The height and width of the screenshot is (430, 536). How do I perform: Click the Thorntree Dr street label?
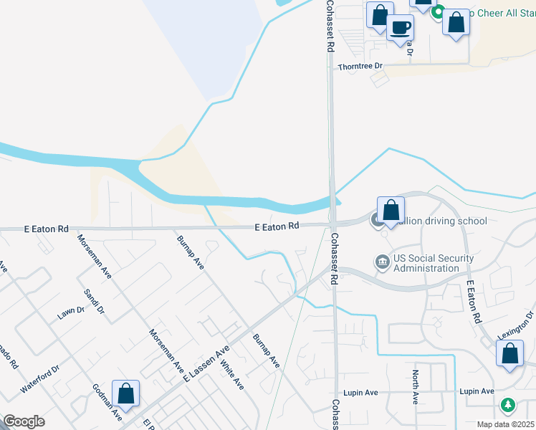tap(360, 66)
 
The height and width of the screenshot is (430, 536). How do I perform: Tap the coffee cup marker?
tap(400, 29)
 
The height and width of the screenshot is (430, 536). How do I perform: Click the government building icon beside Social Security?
tap(382, 263)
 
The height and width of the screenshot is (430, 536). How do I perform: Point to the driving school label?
tap(444, 221)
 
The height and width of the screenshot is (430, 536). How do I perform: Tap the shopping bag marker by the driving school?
tap(391, 211)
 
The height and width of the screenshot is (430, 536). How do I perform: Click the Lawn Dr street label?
tap(72, 312)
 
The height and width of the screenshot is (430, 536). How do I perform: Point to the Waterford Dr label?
tap(39, 379)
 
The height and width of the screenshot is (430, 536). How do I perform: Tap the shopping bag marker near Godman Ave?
tap(125, 393)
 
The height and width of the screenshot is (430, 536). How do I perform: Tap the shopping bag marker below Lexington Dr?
tap(509, 354)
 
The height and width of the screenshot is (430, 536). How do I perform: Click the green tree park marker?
tap(508, 406)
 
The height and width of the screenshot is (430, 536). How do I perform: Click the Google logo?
tap(24, 421)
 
